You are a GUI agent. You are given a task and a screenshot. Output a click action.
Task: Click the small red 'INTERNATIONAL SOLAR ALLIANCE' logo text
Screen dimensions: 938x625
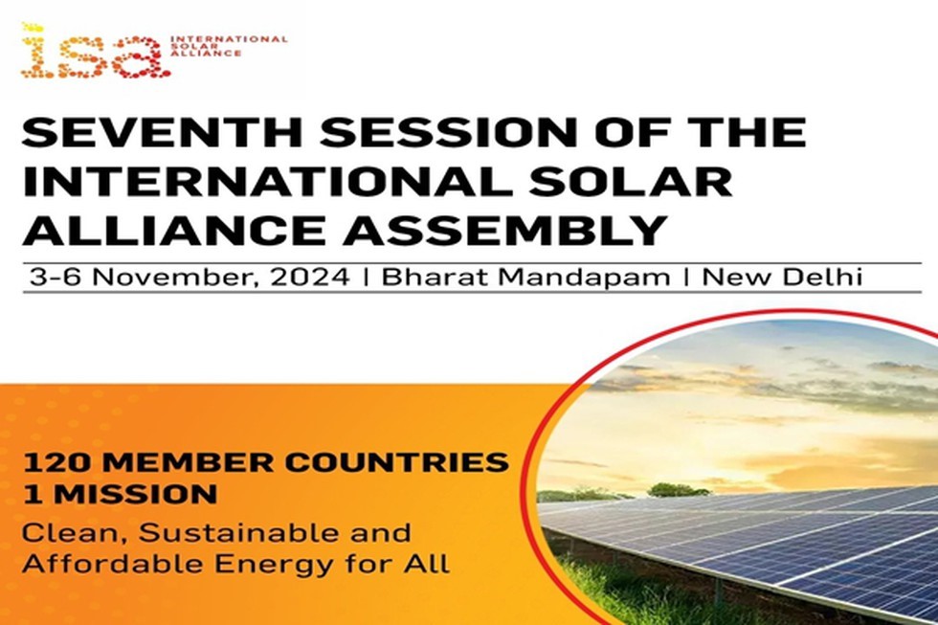(x=229, y=45)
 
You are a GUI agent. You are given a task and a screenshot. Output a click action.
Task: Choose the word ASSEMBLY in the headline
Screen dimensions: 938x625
(x=505, y=230)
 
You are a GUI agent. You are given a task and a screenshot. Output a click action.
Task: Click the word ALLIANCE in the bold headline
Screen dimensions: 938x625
(x=174, y=230)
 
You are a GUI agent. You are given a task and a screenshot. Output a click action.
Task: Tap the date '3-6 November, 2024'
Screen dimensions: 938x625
(x=190, y=278)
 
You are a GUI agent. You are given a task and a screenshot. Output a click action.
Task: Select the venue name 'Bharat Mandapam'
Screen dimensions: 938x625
(x=525, y=278)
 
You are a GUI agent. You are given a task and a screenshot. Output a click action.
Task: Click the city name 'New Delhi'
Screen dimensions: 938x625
(x=783, y=278)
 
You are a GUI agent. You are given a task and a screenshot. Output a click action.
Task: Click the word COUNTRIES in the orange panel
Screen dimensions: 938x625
(x=396, y=462)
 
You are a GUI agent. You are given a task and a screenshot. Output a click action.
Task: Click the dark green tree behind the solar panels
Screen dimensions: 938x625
(x=679, y=490)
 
